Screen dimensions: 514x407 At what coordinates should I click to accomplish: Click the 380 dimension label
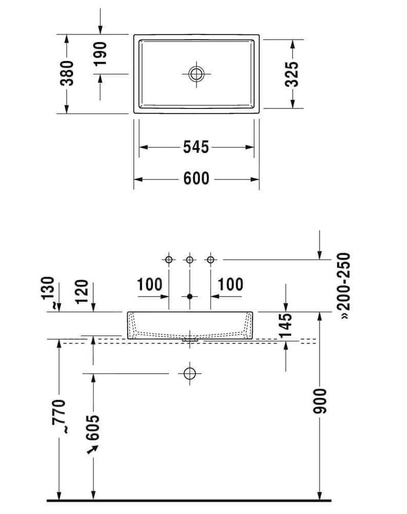coord(67,73)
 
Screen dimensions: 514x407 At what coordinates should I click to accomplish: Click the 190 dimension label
coord(100,53)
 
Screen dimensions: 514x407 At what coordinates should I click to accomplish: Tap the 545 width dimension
coord(196,147)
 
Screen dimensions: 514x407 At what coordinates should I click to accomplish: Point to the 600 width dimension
coord(196,179)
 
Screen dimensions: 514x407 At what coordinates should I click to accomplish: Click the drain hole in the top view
coord(196,74)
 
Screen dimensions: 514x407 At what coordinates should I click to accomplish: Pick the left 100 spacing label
coord(150,284)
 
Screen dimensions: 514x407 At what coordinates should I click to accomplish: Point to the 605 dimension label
coord(93,427)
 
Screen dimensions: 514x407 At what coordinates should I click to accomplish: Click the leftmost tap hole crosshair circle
coord(169,260)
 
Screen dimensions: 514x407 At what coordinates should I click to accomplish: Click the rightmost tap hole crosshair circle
coord(210,260)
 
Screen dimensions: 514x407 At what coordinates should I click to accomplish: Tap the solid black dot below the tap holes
coord(190,297)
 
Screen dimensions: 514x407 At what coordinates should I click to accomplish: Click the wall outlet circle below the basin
coord(190,374)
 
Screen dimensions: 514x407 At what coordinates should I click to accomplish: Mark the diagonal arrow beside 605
coord(93,450)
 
